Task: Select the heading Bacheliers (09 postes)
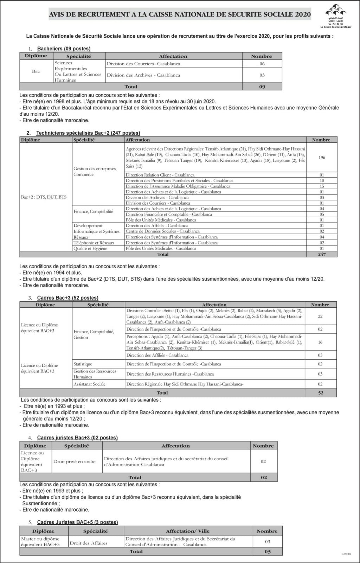tap(64, 49)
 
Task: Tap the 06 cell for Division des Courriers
tap(262, 64)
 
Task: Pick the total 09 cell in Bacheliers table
tap(262, 87)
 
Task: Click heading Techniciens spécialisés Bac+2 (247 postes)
tap(88, 133)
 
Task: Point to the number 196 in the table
tap(322, 158)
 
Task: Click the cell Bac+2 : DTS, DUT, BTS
tap(44, 197)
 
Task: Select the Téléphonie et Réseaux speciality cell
tap(94, 243)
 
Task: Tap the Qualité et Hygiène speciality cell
tap(90, 248)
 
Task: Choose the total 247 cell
tap(322, 254)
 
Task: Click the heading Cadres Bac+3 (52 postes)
tap(67, 298)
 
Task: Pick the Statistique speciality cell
tap(83, 364)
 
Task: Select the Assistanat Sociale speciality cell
tap(89, 384)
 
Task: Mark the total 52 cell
tap(321, 393)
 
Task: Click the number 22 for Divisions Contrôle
tap(320, 316)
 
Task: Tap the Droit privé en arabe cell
tap(74, 461)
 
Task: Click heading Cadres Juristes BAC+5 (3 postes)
tap(77, 522)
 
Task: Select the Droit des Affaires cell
tap(89, 543)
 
